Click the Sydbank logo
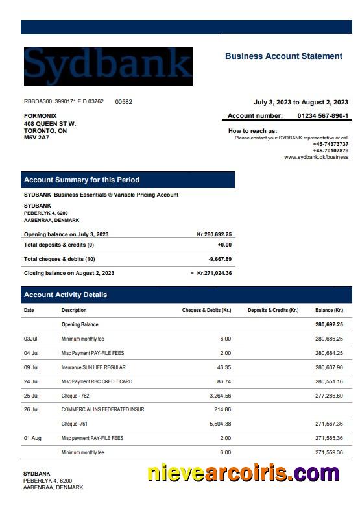(108, 66)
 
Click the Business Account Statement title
(283, 56)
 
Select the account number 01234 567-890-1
(322, 116)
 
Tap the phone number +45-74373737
(330, 144)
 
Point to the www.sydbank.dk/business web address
(316, 157)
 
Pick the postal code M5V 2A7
(36, 138)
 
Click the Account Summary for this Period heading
(82, 180)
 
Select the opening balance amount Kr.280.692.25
(214, 234)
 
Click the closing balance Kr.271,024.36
(214, 273)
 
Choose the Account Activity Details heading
(66, 295)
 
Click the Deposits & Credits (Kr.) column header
(273, 310)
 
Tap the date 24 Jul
(31, 381)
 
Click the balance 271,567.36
(329, 424)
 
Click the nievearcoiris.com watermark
(243, 474)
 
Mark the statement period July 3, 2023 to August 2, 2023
(300, 102)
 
